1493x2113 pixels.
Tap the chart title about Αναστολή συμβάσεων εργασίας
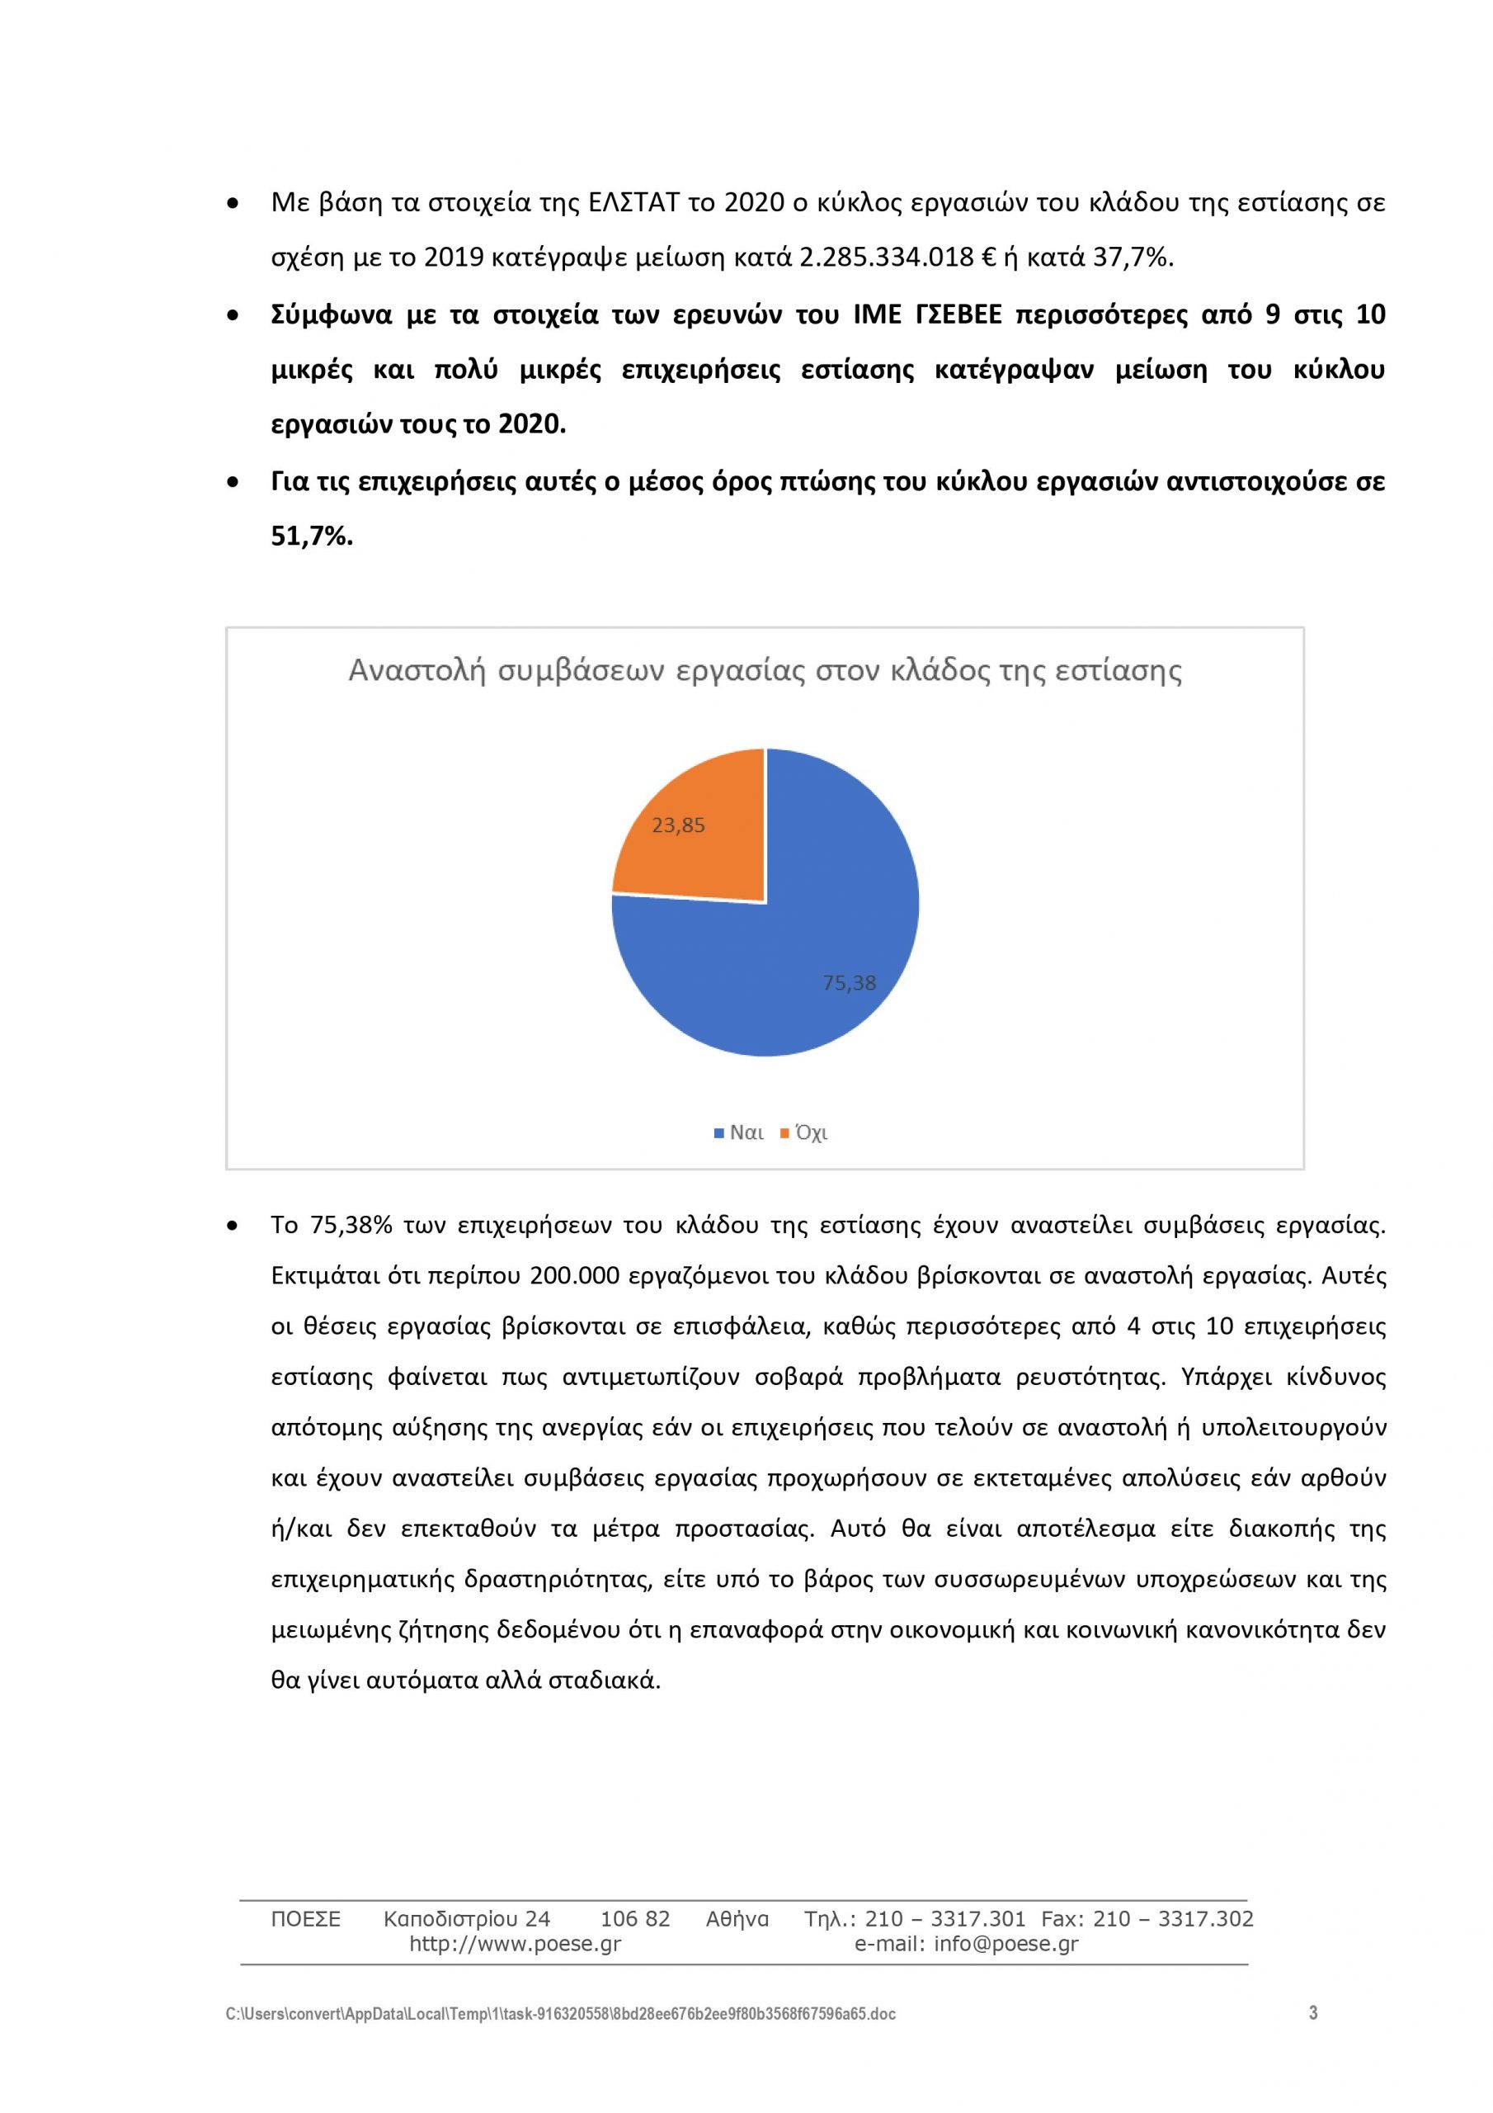point(765,671)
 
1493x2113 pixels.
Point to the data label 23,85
point(678,825)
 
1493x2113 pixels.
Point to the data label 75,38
point(849,983)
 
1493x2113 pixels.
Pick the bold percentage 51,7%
point(312,537)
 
